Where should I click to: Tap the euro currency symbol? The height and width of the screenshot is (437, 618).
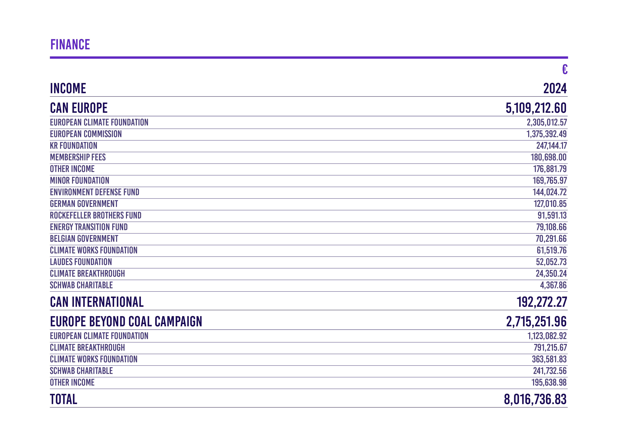click(565, 69)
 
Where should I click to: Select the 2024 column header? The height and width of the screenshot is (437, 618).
click(555, 89)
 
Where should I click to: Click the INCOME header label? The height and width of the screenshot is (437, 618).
click(68, 89)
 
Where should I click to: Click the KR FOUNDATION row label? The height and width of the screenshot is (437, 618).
click(73, 146)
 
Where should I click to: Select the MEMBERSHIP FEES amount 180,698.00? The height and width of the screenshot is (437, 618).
click(549, 157)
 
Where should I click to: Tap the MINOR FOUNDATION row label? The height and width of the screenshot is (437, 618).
click(80, 181)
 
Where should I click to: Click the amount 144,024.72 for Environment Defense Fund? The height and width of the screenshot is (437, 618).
click(550, 192)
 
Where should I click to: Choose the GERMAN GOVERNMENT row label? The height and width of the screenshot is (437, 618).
click(84, 204)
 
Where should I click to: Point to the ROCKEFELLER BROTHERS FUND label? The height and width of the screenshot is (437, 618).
click(95, 215)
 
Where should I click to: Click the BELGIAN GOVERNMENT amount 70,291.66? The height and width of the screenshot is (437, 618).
click(551, 239)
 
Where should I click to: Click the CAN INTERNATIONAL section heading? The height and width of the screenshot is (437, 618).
click(97, 302)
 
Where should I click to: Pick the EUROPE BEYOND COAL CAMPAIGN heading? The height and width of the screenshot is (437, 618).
click(126, 322)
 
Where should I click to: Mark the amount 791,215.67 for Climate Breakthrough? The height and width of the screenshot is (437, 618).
click(550, 348)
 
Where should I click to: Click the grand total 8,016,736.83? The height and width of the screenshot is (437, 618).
click(535, 399)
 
